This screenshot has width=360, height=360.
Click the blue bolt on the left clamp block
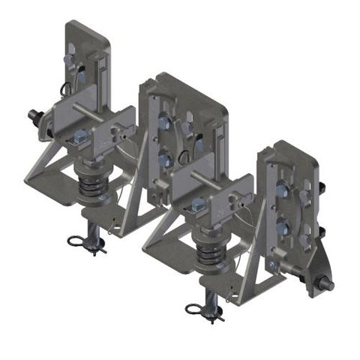click(80, 137)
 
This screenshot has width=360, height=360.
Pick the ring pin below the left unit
click(77, 241)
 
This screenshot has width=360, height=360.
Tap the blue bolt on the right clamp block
click(197, 205)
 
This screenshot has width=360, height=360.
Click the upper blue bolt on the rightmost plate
click(281, 191)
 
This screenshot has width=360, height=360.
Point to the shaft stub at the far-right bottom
click(327, 284)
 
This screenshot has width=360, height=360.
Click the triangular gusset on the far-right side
click(314, 259)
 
